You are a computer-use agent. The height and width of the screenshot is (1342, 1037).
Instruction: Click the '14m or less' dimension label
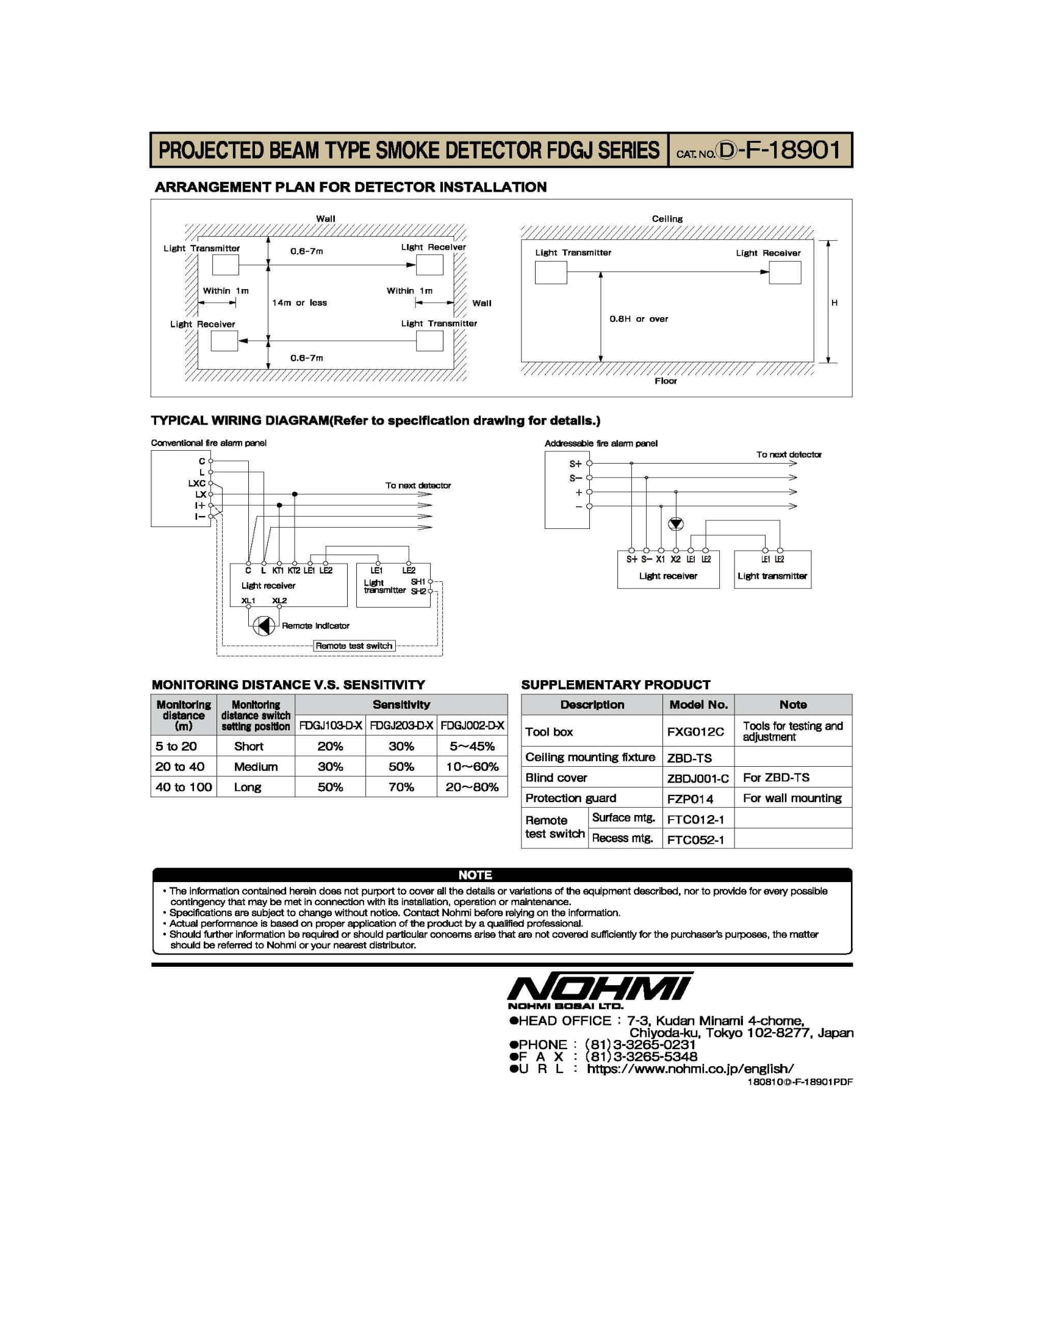[299, 303]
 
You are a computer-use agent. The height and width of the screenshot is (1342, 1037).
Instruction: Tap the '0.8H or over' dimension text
[638, 319]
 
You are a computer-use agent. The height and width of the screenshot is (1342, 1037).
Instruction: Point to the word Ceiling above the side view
[667, 219]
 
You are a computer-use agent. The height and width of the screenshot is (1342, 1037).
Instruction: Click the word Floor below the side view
[666, 381]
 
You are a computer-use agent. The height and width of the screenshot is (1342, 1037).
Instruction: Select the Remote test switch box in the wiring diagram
[354, 646]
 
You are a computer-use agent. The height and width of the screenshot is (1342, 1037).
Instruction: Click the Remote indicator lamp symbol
[264, 625]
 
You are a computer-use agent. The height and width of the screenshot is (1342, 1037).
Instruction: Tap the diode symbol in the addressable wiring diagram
[676, 524]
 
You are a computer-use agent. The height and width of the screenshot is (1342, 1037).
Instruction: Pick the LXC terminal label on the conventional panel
[196, 484]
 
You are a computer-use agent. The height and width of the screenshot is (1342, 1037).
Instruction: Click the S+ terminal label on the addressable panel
[575, 464]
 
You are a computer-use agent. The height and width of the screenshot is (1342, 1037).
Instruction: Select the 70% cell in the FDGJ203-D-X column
[401, 787]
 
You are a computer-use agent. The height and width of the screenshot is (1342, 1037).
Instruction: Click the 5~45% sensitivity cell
[472, 747]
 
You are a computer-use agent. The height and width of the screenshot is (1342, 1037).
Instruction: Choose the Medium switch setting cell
[256, 767]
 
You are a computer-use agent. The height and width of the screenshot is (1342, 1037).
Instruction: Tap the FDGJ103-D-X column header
[330, 726]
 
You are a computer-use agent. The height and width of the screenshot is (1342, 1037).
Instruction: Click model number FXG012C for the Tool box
[695, 732]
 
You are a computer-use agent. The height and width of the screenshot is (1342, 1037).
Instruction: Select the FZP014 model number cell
[690, 799]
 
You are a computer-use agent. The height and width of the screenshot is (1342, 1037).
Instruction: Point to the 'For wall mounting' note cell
[792, 798]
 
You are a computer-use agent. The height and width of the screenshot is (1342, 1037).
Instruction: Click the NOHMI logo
[599, 988]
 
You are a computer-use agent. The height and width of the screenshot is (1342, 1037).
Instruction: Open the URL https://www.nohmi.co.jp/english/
[690, 1069]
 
